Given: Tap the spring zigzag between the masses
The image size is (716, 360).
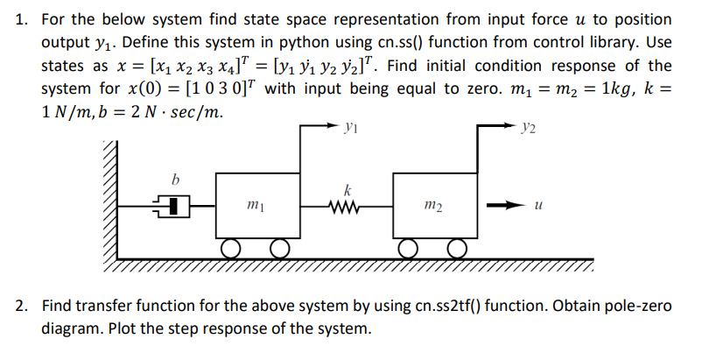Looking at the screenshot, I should tap(349, 207).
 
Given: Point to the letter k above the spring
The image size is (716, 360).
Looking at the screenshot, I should tap(348, 190).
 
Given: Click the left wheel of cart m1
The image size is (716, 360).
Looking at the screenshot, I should tap(231, 250).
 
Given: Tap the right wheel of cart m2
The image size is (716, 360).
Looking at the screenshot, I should tap(456, 250).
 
